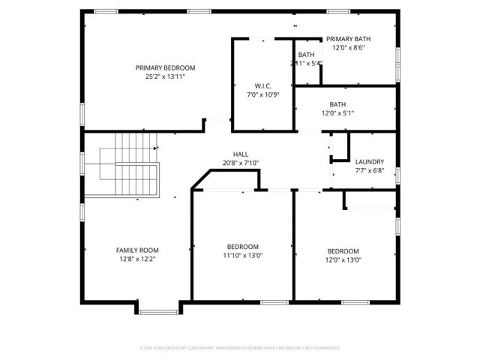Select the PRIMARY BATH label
[348, 38]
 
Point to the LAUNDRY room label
[370, 161]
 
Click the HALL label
[241, 154]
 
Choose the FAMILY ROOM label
[137, 250]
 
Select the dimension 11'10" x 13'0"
[243, 256]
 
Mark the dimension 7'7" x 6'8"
[370, 170]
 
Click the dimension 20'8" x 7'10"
[241, 163]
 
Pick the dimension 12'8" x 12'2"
[137, 259]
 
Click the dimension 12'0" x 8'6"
[348, 47]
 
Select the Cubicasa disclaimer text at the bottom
[240, 348]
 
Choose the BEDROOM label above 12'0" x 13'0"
[343, 251]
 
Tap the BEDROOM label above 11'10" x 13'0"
[243, 247]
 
